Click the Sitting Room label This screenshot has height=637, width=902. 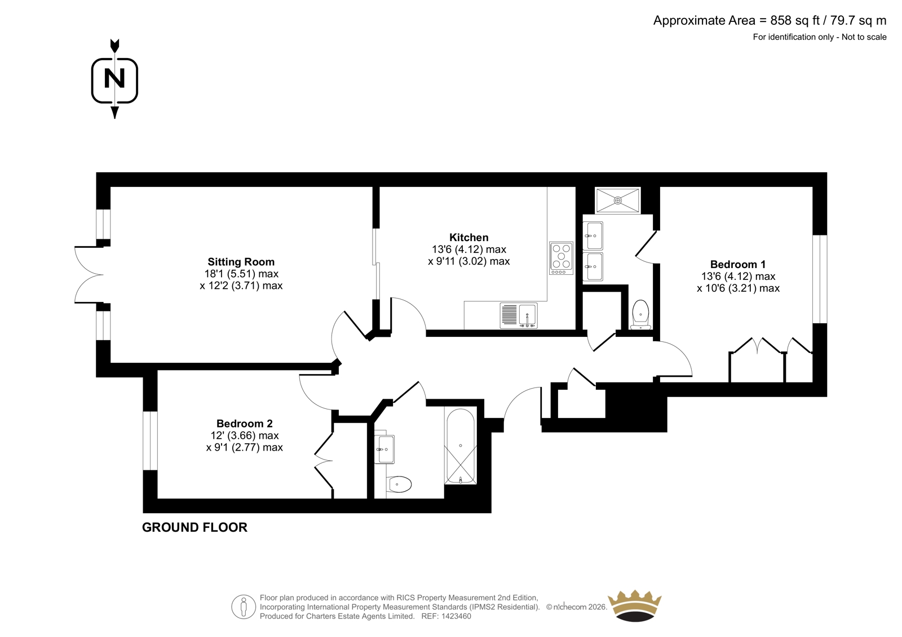point(241,262)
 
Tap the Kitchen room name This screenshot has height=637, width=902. point(468,238)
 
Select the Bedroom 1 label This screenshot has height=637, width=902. point(738,264)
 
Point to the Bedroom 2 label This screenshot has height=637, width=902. point(245,424)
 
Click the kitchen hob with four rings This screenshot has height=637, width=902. point(561,259)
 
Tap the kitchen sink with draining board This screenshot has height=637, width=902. point(519,315)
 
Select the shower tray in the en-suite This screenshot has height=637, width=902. point(617,200)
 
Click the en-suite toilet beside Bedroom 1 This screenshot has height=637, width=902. point(640,314)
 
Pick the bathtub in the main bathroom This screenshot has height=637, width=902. point(460,446)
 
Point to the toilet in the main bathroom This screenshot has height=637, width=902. point(398,484)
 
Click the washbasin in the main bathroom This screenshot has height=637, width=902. point(384,449)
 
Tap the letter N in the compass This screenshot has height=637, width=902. point(114,78)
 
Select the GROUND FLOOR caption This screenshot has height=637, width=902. point(194,527)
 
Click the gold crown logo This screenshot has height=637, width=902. point(634,605)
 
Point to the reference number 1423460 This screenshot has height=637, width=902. point(456,616)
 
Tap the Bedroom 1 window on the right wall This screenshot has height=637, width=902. point(820,279)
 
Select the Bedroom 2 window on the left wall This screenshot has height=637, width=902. point(150,440)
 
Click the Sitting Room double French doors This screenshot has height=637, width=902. point(90,274)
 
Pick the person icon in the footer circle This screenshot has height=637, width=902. point(243,607)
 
